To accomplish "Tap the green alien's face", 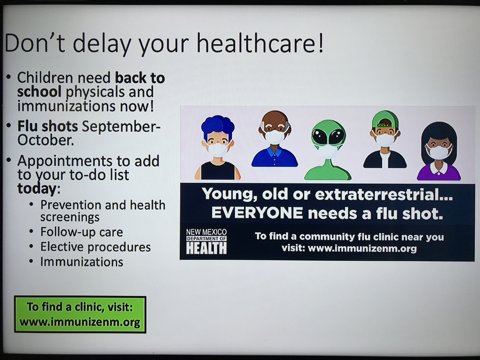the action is [328, 138].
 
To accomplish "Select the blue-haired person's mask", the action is [218, 149].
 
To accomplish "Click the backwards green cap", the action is [385, 120].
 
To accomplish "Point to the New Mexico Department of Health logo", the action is [206, 241].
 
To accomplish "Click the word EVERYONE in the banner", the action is [257, 213].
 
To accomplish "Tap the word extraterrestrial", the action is [384, 194].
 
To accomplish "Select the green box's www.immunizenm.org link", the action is [80, 322].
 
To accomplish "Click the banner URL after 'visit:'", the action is [362, 248].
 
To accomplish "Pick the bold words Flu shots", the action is [48, 126].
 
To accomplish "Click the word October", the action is [46, 140].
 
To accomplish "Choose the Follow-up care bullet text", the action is [82, 232].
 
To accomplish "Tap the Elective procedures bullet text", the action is [96, 247].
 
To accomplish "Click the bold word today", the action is [37, 189].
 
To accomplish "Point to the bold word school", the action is [39, 92].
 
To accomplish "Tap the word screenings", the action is [70, 217].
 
